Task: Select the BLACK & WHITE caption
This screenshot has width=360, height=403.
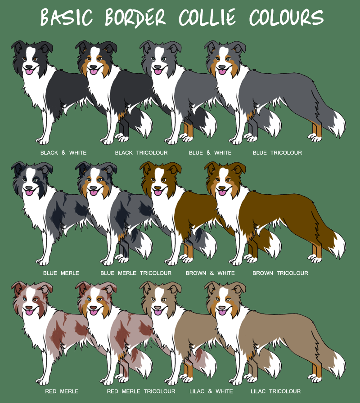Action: [63, 153]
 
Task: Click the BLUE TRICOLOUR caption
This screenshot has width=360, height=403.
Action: [277, 153]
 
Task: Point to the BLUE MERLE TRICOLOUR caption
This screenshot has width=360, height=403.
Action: [136, 273]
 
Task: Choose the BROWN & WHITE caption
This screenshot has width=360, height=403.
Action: [210, 273]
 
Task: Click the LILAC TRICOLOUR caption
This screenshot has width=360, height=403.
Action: [276, 391]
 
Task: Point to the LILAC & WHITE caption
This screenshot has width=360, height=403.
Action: [211, 391]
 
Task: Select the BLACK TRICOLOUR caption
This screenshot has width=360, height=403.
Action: [141, 153]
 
